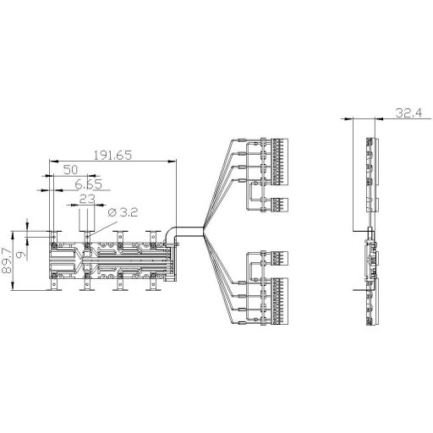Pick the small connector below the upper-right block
(x=277, y=205)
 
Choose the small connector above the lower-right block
(x=277, y=256)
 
